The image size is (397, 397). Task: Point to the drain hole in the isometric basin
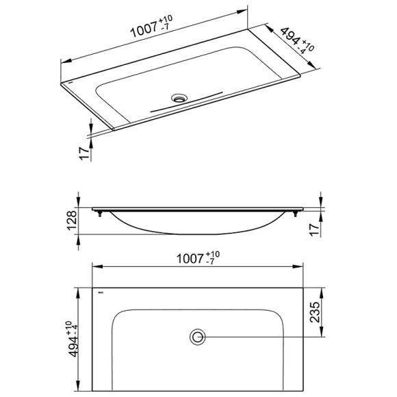[x=181, y=98]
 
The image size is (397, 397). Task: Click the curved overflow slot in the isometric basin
[x=185, y=103]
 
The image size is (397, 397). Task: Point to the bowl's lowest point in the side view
[x=198, y=233]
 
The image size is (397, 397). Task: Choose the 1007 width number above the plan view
[x=190, y=259]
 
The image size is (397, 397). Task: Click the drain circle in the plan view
[x=198, y=336]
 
